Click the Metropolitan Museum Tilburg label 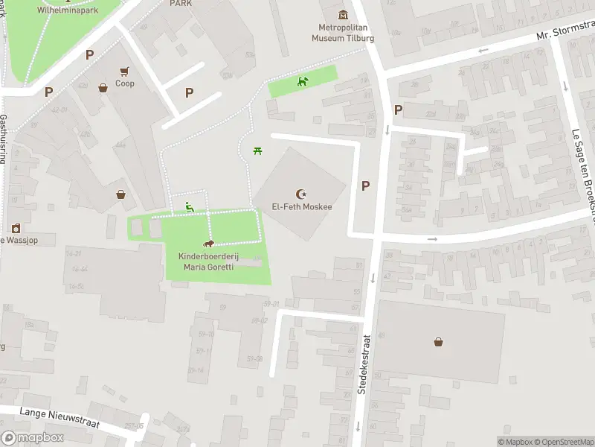(342, 34)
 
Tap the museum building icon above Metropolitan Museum (342, 14)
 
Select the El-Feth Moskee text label (301, 208)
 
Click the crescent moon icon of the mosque (301, 193)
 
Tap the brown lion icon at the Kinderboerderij (209, 244)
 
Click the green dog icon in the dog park (302, 81)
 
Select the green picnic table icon (257, 151)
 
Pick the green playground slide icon (190, 208)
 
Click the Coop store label (124, 83)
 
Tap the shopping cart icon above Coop (124, 72)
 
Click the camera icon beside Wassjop (15, 228)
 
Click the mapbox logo (33, 438)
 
